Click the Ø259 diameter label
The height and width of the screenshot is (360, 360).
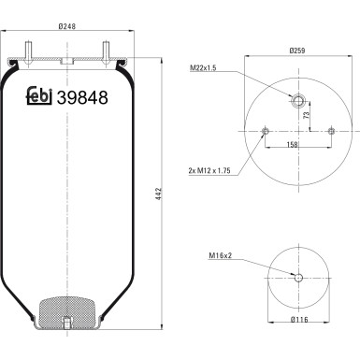[x=297, y=50]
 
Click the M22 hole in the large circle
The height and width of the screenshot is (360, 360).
[x=298, y=101]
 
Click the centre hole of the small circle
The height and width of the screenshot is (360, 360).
[x=298, y=277]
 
